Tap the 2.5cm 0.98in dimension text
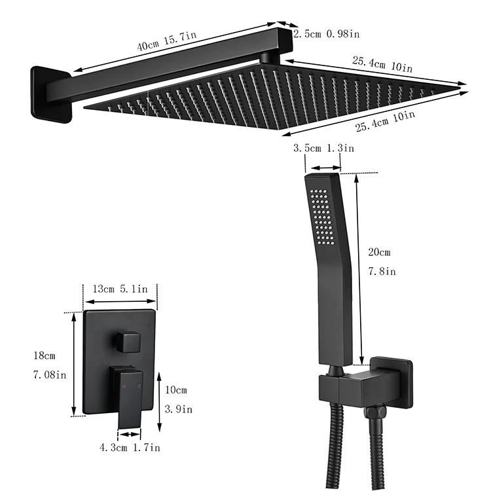pyautogui.click(x=326, y=33)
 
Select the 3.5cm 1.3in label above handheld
pyautogui.click(x=323, y=149)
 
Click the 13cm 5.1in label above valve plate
pyautogui.click(x=120, y=289)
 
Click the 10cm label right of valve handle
pyautogui.click(x=176, y=390)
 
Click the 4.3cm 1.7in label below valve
pyautogui.click(x=129, y=448)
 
